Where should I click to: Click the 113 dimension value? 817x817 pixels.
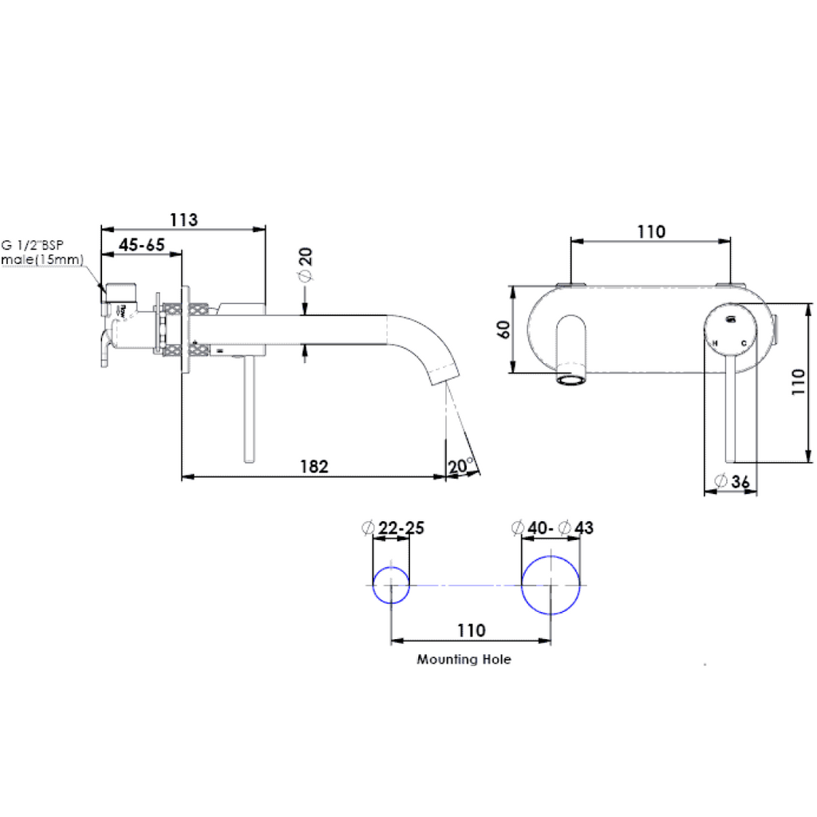tap(184, 219)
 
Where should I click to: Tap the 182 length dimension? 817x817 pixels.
tap(314, 466)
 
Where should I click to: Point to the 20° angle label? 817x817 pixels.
tap(461, 465)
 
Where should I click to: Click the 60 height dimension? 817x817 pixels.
tap(503, 329)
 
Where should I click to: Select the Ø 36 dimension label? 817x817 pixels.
tap(732, 481)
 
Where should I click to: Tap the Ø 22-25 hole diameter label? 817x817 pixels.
tap(393, 528)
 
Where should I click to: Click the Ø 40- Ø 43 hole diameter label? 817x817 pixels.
tap(552, 528)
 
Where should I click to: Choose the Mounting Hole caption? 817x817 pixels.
tap(464, 660)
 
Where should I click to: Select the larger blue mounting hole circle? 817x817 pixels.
tap(551, 585)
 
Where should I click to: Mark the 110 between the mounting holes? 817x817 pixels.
tap(471, 630)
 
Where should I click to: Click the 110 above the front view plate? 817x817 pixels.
tap(651, 231)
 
